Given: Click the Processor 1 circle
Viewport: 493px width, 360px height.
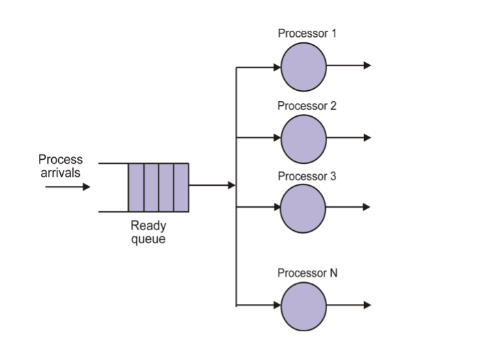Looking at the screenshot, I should coord(304,67).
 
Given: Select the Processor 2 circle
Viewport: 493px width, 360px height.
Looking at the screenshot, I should coord(304,139).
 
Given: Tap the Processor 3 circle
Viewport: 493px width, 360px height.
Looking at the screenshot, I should coord(304,208).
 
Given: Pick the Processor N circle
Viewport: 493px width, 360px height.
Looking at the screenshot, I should coord(304,305).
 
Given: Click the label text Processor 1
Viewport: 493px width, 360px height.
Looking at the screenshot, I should coord(307,33).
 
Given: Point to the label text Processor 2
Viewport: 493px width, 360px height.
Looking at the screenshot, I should coord(307,106).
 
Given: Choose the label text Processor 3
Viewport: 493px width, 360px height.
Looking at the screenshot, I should coord(307,176).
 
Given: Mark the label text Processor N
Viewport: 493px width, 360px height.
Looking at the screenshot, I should coord(307,273).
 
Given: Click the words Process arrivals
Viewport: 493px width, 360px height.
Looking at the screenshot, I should coord(61,166).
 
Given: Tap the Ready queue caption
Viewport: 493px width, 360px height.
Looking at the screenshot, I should coord(148,232).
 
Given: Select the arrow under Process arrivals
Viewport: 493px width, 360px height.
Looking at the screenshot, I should coord(68,186).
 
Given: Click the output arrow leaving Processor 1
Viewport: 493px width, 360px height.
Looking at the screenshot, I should coord(349,66).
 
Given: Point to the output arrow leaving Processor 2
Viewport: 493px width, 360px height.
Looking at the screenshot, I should coord(349,137).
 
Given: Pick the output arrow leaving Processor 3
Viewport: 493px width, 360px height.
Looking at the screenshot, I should coord(349,207).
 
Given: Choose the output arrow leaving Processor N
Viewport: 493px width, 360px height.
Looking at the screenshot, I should coord(349,305).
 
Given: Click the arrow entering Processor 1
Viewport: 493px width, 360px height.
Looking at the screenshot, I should coord(259,67).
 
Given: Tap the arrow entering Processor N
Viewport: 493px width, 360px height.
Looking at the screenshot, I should coord(259,305).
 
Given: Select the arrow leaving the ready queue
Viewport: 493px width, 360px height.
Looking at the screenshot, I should coord(212,185).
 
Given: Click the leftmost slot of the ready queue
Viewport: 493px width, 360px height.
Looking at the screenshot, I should coord(136,187).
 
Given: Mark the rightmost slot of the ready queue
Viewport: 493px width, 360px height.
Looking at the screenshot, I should coord(181,187).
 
